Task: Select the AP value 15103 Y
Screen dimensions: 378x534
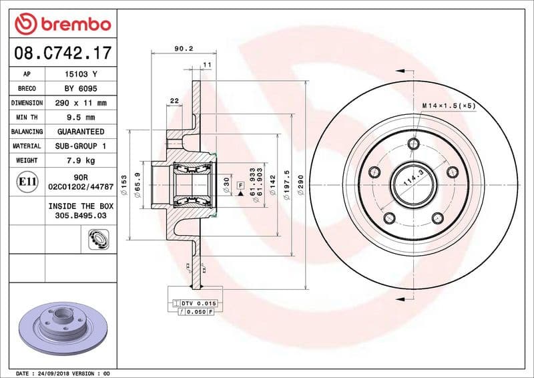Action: [80, 74]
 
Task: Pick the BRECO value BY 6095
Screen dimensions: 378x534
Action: [80, 89]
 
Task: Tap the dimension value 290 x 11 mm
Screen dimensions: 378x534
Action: [80, 104]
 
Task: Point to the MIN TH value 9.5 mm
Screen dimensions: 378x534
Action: [80, 118]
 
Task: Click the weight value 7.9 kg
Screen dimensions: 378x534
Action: [80, 160]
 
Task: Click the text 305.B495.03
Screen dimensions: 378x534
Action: [80, 216]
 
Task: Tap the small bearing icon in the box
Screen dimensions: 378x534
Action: [98, 238]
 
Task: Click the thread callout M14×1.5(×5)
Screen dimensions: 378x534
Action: [449, 106]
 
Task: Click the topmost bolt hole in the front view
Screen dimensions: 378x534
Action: [413, 145]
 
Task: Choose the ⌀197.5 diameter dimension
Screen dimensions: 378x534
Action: [286, 182]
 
